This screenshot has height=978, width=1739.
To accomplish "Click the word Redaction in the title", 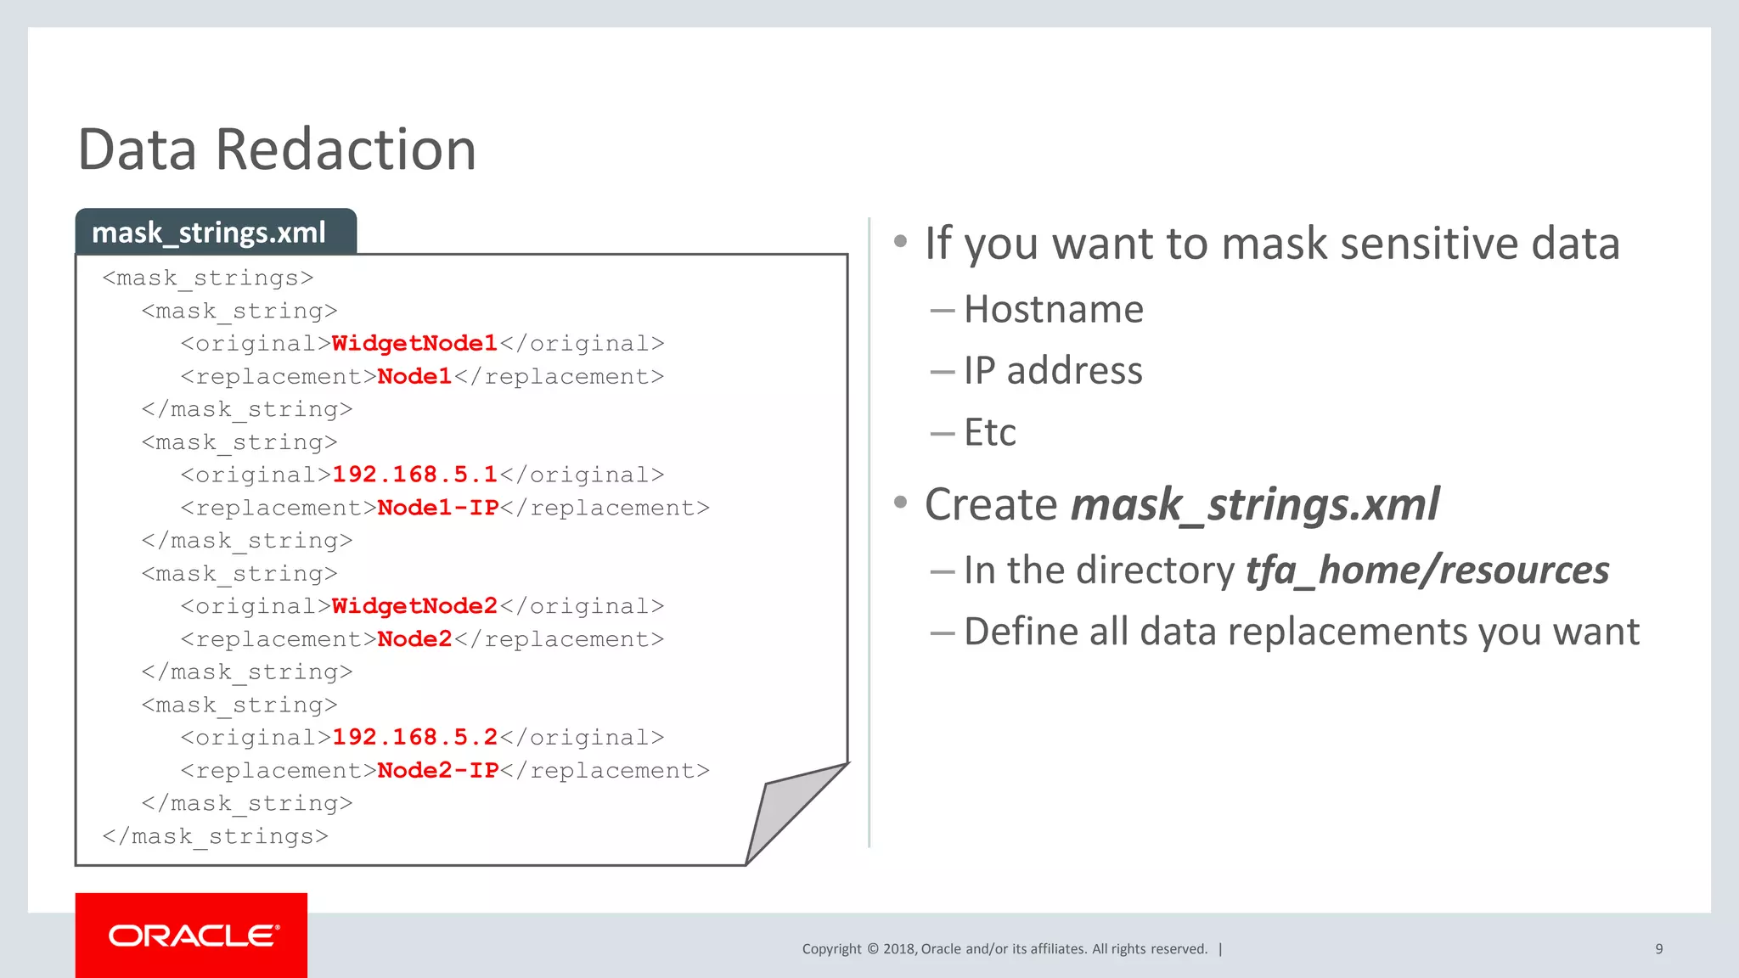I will coord(346,149).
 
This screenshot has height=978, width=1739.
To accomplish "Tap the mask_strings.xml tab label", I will coord(209,233).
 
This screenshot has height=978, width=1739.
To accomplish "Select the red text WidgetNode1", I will coord(414,344).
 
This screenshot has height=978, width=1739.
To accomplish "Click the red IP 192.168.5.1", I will coord(414,475).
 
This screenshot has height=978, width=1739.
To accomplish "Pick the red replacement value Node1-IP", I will coord(437,508).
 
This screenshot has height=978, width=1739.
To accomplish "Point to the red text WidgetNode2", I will coord(414,606).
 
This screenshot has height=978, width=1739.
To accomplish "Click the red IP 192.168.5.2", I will coord(414,737).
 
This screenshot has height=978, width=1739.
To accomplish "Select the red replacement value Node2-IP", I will coord(437,770).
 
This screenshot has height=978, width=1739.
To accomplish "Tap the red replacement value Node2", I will coord(414,639).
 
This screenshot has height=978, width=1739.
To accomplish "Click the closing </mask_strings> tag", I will coord(215,836).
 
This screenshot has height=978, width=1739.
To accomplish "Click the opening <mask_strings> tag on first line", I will coord(208,278).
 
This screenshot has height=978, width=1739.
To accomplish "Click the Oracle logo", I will coord(192,936).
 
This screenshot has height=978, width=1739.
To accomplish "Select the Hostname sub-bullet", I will coord(1053,309).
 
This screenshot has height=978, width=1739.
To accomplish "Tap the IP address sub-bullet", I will coord(1053,371).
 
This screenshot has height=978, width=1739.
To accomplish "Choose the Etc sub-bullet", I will coord(989,433).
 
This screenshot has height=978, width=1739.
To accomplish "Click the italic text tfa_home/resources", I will coord(1427,570).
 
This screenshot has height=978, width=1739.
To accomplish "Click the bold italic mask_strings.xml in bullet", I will coord(1255,505).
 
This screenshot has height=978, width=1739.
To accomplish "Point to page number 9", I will coord(1658,949).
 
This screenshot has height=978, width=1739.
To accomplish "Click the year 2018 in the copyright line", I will coord(898,949).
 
